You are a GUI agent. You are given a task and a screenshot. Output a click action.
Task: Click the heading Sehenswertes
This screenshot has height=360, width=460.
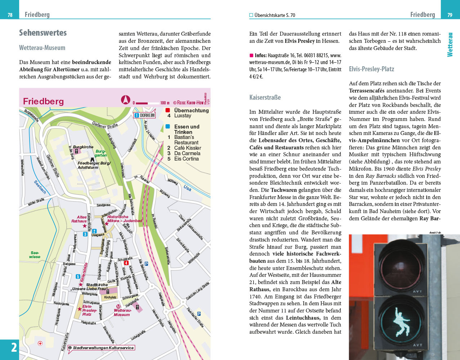(x=43, y=33)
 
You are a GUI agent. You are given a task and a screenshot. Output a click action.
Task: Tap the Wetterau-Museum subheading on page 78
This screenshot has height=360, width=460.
(x=42, y=48)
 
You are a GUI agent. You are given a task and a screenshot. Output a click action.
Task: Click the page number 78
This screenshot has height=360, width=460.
(x=10, y=15)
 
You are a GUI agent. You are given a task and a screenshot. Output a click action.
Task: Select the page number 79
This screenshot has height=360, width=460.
(x=450, y=15)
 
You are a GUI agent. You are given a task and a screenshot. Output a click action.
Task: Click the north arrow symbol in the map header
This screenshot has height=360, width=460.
(x=125, y=100)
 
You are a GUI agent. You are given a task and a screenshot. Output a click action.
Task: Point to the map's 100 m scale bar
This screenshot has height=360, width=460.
(x=147, y=103)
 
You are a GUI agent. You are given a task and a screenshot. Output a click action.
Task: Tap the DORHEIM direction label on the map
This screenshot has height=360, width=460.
(x=145, y=116)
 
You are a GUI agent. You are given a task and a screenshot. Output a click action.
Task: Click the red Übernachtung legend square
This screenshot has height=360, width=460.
(x=168, y=110)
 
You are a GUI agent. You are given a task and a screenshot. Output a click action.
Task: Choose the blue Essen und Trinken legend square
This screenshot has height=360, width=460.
(x=168, y=127)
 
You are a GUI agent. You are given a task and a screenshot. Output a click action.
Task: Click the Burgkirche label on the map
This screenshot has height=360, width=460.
(x=83, y=147)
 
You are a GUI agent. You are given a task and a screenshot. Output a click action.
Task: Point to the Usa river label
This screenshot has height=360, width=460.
(x=187, y=188)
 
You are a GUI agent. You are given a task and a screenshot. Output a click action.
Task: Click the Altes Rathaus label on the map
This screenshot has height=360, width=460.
(x=79, y=219)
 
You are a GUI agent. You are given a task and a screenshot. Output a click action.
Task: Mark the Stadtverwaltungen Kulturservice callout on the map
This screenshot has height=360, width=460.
(x=103, y=348)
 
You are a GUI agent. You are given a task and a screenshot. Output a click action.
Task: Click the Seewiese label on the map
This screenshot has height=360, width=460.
(x=35, y=255)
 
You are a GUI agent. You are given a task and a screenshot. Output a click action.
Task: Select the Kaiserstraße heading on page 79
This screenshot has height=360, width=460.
(x=265, y=98)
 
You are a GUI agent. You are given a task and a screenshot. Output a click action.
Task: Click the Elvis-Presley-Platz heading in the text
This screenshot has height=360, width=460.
(x=371, y=69)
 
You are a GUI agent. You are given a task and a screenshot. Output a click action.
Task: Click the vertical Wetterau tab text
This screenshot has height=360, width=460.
(x=450, y=44)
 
